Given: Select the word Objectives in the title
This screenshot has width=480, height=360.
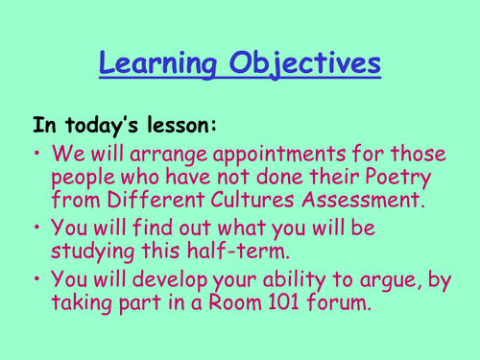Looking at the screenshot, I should click(307, 64).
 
